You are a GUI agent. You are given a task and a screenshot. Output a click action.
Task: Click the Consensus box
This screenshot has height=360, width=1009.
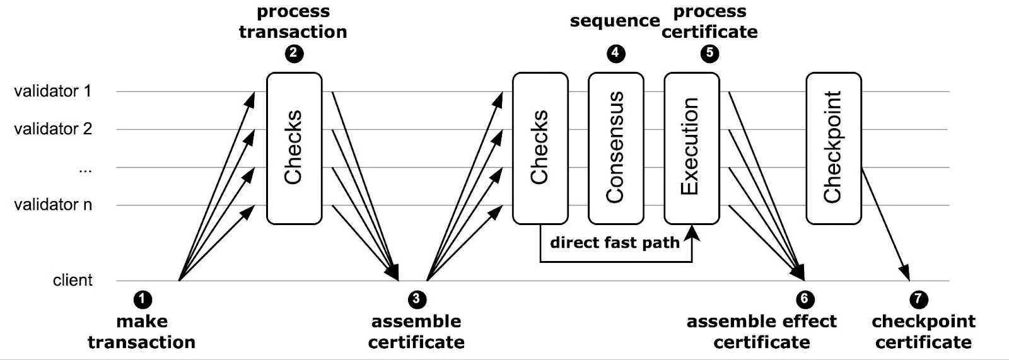pyautogui.click(x=616, y=148)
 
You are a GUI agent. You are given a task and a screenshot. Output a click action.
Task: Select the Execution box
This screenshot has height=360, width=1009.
pyautogui.click(x=692, y=148)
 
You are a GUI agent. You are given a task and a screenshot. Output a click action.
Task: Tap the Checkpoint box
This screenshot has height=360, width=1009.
pyautogui.click(x=834, y=148)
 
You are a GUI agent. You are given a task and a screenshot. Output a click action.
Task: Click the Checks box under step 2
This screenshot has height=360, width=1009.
pyautogui.click(x=294, y=148)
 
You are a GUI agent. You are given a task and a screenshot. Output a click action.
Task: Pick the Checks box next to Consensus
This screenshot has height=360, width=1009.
pyautogui.click(x=540, y=148)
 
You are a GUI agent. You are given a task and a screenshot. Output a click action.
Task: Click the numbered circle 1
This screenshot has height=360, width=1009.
pyautogui.click(x=143, y=299)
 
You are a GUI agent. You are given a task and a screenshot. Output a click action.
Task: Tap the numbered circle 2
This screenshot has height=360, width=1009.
pyautogui.click(x=294, y=54)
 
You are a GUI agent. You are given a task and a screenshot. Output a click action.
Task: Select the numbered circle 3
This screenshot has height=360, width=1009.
pyautogui.click(x=417, y=299)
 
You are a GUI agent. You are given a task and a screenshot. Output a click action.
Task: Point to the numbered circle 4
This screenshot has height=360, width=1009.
pyautogui.click(x=616, y=54)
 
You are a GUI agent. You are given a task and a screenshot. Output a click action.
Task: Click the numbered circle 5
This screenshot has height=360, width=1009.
pyautogui.click(x=709, y=54)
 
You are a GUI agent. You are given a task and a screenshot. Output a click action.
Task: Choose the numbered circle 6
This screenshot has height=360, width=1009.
pyautogui.click(x=805, y=299)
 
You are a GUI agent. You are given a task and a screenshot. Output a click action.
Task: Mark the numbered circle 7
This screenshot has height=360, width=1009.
pyautogui.click(x=919, y=299)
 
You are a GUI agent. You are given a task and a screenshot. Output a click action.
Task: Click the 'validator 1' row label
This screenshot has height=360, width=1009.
pyautogui.click(x=53, y=91)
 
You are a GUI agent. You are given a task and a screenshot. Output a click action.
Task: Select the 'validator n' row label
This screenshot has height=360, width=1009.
pyautogui.click(x=53, y=205)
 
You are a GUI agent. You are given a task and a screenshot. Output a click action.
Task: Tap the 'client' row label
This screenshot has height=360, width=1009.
pyautogui.click(x=73, y=280)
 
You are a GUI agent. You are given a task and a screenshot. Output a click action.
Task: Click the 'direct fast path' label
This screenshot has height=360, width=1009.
pyautogui.click(x=614, y=243)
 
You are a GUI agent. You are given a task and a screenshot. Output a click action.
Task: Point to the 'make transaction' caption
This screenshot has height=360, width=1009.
pyautogui.click(x=142, y=332)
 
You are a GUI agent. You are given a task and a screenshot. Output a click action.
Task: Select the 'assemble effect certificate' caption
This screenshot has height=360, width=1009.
pyautogui.click(x=761, y=332)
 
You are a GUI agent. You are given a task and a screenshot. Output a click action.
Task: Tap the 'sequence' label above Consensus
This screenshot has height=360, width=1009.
pyautogui.click(x=615, y=21)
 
